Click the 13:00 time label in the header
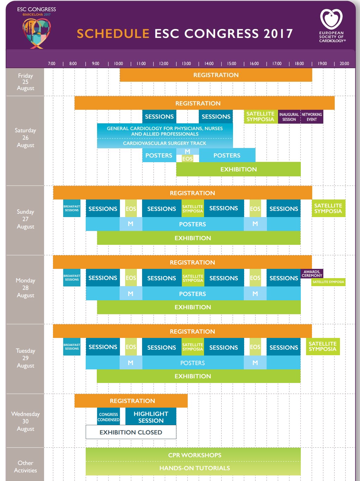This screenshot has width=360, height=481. pyautogui.click(x=186, y=64)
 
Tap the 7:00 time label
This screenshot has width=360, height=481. pyautogui.click(x=51, y=64)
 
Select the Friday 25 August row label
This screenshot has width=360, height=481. pyautogui.click(x=25, y=82)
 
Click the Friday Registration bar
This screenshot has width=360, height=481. pyautogui.click(x=216, y=75)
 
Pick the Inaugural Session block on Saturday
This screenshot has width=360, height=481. pyautogui.click(x=289, y=117)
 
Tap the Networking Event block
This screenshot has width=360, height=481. pyautogui.click(x=312, y=117)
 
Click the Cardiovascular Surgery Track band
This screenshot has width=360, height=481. pyautogui.click(x=165, y=143)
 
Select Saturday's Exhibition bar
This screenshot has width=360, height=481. pyautogui.click(x=238, y=169)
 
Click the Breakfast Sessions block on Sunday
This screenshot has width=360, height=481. pyautogui.click(x=72, y=208)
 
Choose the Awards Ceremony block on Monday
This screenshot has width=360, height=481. pyautogui.click(x=312, y=273)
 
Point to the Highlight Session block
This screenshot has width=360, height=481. pyautogui.click(x=151, y=417)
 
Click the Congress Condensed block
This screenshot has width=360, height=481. pyautogui.click(x=108, y=417)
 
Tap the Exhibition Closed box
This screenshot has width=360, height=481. pyautogui.click(x=131, y=432)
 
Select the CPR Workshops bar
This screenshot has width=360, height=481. pyautogui.click(x=194, y=455)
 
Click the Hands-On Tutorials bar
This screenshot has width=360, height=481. pyautogui.click(x=194, y=468)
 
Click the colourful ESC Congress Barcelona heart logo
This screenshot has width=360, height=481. pyautogui.click(x=36, y=33)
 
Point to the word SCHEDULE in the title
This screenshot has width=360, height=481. pyautogui.click(x=113, y=34)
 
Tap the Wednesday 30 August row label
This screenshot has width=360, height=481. pyautogui.click(x=25, y=421)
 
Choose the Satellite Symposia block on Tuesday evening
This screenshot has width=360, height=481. pyautogui.click(x=322, y=346)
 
